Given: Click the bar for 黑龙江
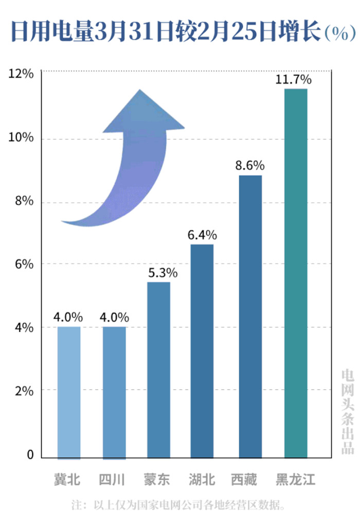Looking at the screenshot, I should pyautogui.click(x=296, y=273).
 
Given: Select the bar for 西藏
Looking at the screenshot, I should pyautogui.click(x=250, y=317).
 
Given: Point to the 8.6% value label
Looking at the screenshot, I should pyautogui.click(x=250, y=166).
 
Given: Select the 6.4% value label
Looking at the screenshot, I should pyautogui.click(x=202, y=235).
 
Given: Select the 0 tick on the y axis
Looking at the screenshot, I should pyautogui.click(x=30, y=454).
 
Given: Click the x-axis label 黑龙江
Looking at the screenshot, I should pyautogui.click(x=296, y=480).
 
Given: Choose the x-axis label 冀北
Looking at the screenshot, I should pyautogui.click(x=67, y=480).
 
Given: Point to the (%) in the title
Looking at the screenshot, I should pyautogui.click(x=340, y=34).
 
